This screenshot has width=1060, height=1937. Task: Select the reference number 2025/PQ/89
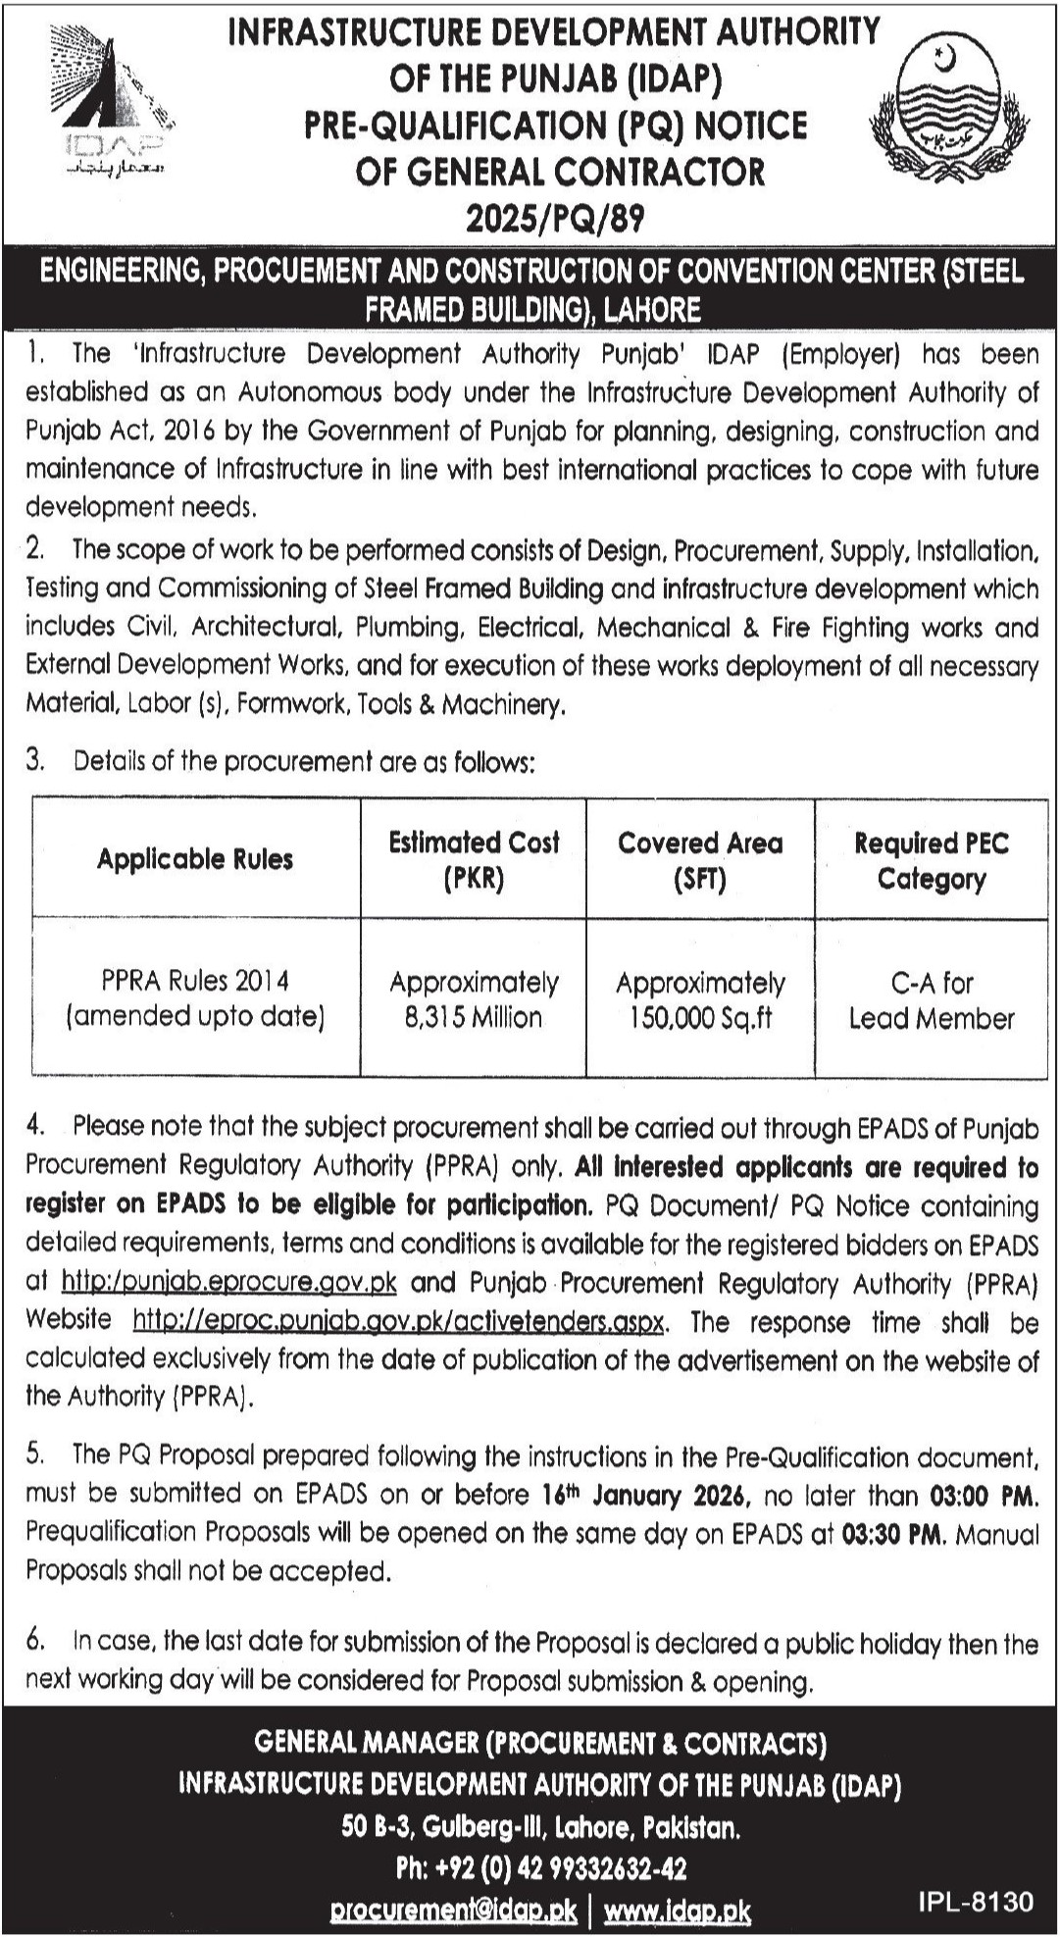(555, 218)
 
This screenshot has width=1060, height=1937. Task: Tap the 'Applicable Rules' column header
(195, 859)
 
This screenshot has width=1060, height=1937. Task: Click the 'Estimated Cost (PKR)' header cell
(474, 859)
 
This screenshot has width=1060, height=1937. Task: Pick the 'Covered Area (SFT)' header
(700, 859)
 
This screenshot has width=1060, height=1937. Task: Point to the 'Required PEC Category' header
(931, 860)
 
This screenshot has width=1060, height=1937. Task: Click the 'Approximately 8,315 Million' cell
(474, 999)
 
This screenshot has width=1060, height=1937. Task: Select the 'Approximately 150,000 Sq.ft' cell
(700, 999)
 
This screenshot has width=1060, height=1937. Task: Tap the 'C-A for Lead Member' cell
(931, 999)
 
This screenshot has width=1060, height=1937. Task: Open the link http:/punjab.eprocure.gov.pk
(228, 1282)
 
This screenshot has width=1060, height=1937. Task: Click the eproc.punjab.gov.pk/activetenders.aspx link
(400, 1321)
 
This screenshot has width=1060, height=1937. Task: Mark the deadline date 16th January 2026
(645, 1495)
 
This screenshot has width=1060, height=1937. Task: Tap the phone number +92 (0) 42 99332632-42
(540, 1868)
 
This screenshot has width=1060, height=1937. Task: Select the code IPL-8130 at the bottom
(976, 1902)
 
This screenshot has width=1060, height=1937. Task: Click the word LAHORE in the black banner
(652, 310)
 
